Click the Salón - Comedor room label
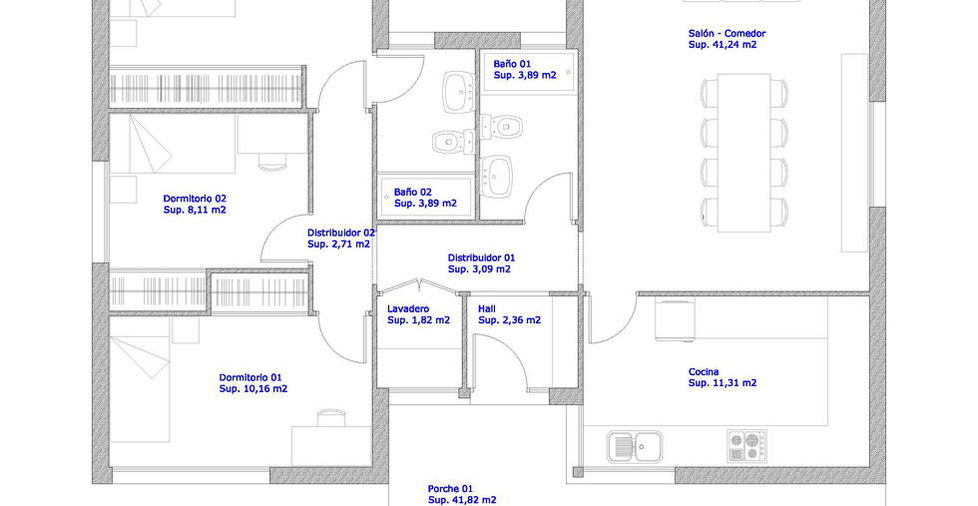(727, 34)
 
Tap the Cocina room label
(703, 372)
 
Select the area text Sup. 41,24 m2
(723, 45)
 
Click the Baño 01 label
(512, 64)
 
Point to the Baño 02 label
(412, 193)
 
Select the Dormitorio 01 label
(250, 377)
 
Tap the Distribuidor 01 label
(481, 257)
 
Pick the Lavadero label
(408, 308)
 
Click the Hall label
(487, 308)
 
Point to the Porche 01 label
(450, 488)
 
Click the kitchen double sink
(635, 447)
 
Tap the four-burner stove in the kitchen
(746, 446)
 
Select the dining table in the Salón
(743, 153)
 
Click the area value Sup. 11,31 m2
(723, 383)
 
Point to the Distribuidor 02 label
(340, 233)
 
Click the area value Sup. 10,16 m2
(253, 388)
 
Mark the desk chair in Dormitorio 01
(330, 417)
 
